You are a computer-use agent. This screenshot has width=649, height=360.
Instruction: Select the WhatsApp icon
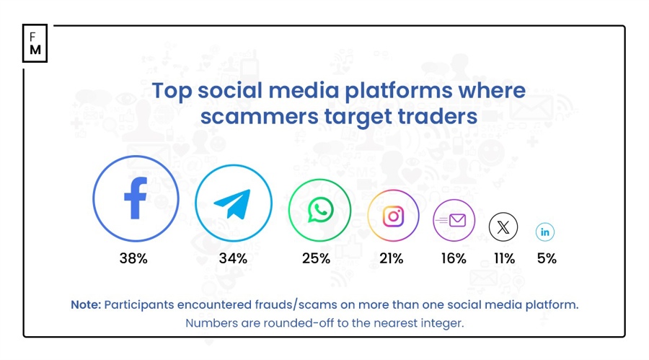tap(319, 211)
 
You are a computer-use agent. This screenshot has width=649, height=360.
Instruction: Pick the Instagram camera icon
tap(392, 216)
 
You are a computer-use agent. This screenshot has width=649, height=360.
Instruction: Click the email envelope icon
tap(454, 221)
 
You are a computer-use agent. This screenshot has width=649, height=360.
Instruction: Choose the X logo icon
tap(503, 227)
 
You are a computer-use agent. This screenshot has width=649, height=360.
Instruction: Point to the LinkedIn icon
tap(545, 232)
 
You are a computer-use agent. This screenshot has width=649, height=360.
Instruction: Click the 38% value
tap(133, 258)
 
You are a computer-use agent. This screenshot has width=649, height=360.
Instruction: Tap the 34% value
tap(233, 258)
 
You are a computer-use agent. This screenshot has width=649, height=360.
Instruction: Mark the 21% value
tap(391, 258)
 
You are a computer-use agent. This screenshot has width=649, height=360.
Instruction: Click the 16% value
tap(454, 258)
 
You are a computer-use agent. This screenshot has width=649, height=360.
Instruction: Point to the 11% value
tap(503, 258)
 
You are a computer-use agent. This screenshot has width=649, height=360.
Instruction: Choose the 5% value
tap(547, 258)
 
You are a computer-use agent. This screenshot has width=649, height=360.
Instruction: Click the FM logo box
tap(35, 43)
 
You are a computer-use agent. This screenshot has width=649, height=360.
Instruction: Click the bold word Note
tap(85, 304)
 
